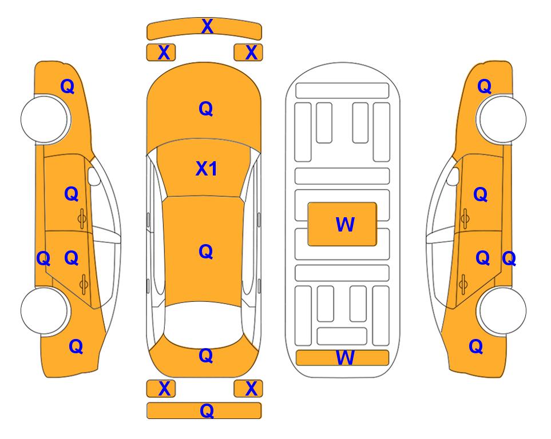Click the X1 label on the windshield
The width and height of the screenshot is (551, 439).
[207, 169]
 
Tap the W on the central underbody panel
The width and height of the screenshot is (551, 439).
[345, 225]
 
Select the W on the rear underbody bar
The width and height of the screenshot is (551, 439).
[345, 358]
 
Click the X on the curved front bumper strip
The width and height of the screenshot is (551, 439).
[207, 26]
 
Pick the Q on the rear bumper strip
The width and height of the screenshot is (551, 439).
[207, 410]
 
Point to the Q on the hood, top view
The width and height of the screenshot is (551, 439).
[206, 109]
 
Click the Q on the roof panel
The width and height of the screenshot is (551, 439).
[206, 252]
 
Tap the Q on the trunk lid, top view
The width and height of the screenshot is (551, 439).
[206, 356]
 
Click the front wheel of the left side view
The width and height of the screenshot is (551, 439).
[45, 119]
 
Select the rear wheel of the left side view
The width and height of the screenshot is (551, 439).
[45, 310]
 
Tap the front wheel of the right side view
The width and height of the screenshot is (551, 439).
[501, 119]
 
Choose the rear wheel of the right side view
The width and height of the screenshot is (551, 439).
[501, 310]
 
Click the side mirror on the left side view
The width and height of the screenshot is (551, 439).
[94, 176]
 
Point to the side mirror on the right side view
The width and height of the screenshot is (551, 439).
[453, 176]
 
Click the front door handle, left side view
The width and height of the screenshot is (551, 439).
[82, 219]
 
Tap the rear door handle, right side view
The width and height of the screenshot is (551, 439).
[463, 284]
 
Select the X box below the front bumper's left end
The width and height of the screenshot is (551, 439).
[161, 53]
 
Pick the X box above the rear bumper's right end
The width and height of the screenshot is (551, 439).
[248, 389]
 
